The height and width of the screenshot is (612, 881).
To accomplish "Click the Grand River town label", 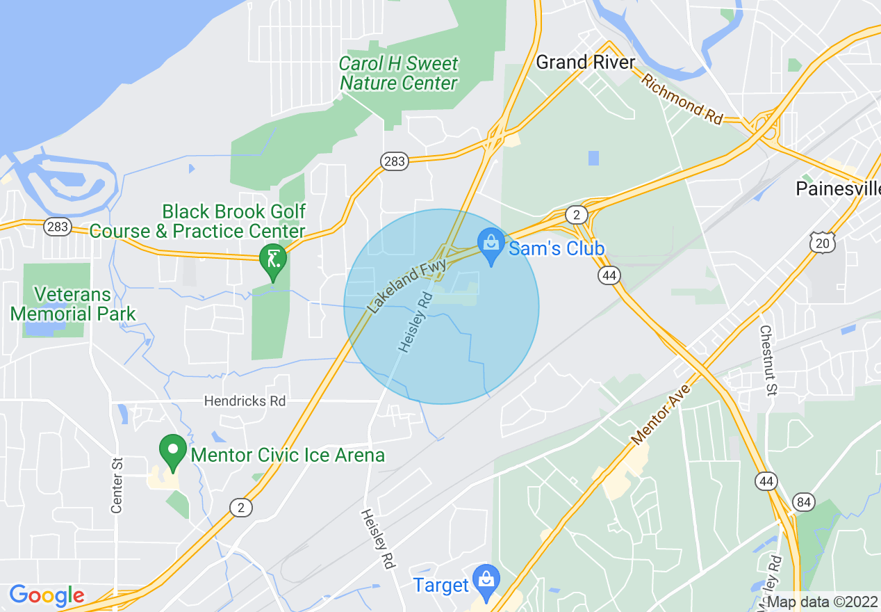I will click(586, 63).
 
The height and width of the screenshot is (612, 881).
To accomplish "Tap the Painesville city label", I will click(838, 188).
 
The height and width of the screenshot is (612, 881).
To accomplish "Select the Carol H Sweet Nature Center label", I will click(399, 74).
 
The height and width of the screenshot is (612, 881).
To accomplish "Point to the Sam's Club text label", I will click(557, 249).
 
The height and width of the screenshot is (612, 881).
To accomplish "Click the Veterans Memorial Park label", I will click(73, 304).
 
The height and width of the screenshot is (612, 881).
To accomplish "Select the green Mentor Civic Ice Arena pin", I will click(172, 453).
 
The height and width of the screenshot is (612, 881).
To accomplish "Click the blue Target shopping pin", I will click(486, 581).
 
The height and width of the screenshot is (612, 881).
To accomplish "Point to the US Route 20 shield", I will click(822, 241).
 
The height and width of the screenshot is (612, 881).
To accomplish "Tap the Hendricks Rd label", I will click(245, 401).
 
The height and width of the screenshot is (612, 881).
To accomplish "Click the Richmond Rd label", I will click(682, 99).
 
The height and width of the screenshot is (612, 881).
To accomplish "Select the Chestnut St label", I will click(767, 360).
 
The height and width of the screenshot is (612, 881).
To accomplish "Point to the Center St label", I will click(117, 485).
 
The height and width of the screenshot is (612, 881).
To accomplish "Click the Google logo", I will click(47, 595).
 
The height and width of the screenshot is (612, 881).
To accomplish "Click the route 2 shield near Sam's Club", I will click(576, 214).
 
